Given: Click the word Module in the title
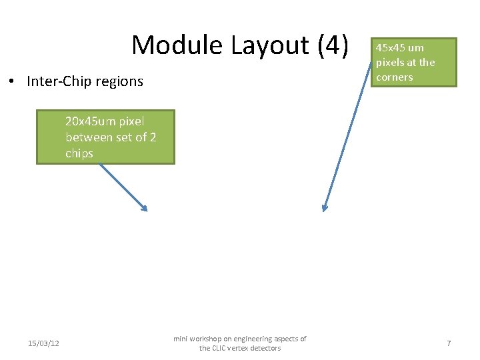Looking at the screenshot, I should [x=178, y=45].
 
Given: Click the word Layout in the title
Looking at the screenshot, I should [x=270, y=45].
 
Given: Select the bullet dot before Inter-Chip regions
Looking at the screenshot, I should [x=13, y=82].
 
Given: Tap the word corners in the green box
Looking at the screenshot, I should [x=395, y=77].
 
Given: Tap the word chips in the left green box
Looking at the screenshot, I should [x=79, y=153].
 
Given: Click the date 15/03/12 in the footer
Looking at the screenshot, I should [x=43, y=343].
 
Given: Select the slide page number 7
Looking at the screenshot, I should [x=449, y=343].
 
